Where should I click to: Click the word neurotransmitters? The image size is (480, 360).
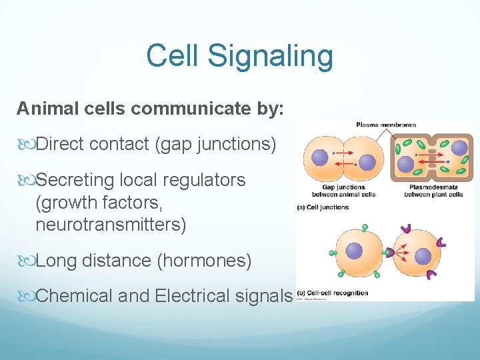tap(111, 225)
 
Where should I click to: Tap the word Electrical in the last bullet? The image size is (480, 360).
tap(197, 295)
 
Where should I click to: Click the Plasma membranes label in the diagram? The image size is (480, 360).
tap(386, 125)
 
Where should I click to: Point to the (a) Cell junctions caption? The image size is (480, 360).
tap(323, 207)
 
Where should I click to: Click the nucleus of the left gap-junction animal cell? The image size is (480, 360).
tap(320, 157)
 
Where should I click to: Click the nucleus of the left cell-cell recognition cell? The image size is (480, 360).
tap(354, 251)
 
